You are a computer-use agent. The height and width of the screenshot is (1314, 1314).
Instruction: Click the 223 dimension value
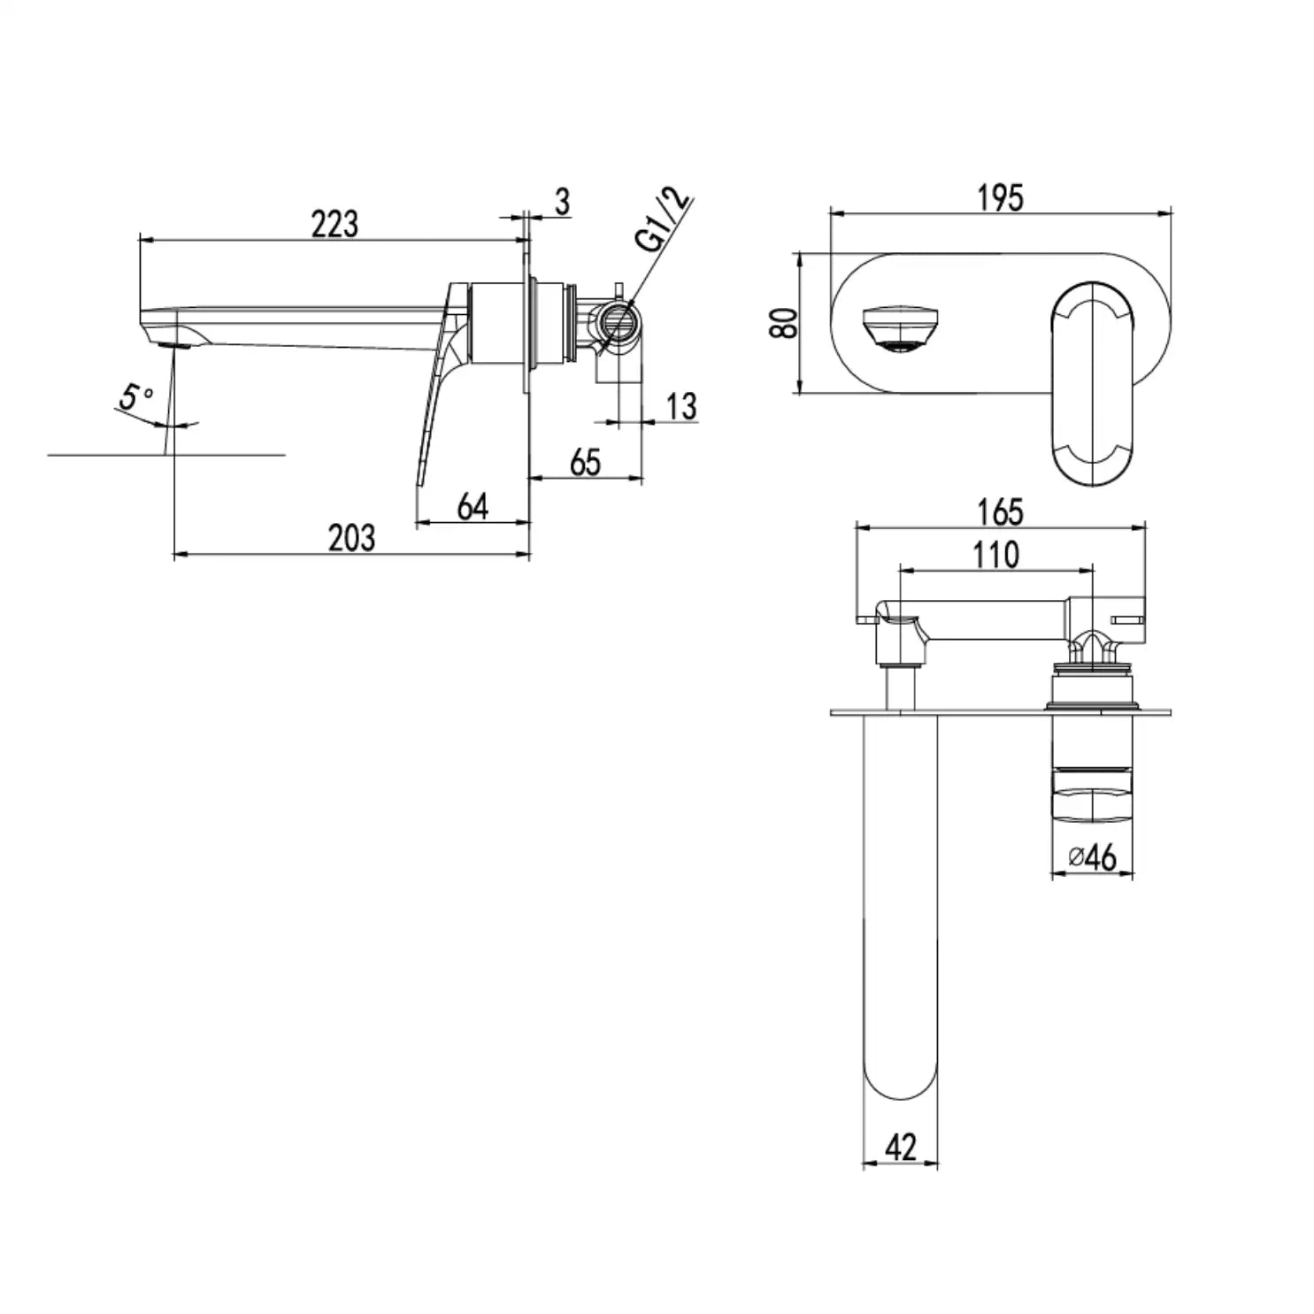point(334,224)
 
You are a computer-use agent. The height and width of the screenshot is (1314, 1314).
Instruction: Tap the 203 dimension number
point(351,537)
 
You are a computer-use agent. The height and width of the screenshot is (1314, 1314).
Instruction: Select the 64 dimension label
point(473,507)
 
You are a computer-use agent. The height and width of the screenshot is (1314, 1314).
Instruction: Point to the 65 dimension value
point(586,462)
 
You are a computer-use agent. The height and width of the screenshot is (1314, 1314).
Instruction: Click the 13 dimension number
point(680,406)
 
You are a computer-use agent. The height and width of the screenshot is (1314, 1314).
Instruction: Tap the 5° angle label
point(136,399)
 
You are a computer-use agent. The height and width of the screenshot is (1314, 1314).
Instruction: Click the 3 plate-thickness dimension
point(563,202)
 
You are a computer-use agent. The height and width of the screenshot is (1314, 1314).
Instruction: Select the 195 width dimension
point(1000,197)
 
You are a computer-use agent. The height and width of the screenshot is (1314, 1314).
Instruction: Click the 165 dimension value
point(1000,511)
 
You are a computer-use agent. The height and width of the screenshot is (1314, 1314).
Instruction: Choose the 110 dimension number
point(996,555)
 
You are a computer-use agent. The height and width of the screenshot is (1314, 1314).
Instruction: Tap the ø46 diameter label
point(1092,857)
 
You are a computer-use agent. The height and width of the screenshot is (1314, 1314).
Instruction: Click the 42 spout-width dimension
point(900,1147)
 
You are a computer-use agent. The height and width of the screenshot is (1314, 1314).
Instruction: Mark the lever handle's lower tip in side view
point(419,485)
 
